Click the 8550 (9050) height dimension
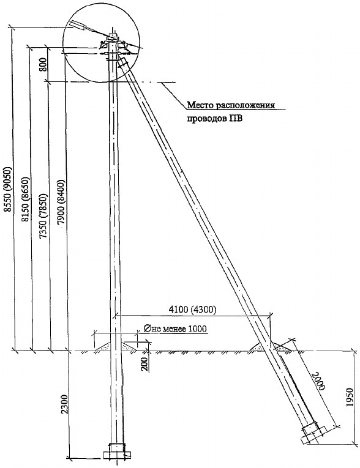[x=8, y=193]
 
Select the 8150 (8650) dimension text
[x=26, y=199]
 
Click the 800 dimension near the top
[x=43, y=64]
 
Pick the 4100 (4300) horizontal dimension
[x=192, y=310]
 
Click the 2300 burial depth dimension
[x=65, y=404]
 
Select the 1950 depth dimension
[x=351, y=397]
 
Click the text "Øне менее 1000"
[x=175, y=329]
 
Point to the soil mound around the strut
[x=271, y=347]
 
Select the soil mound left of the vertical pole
[x=102, y=346]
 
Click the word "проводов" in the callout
[x=206, y=119]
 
